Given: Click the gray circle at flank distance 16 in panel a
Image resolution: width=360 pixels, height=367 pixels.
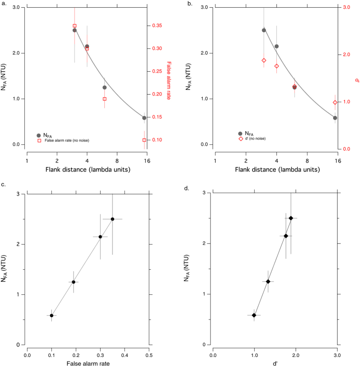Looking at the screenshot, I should coord(144,118).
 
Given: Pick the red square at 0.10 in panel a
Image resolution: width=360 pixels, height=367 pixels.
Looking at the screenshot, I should coord(144,140).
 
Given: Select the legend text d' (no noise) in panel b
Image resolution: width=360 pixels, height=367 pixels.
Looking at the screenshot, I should coord(253,138).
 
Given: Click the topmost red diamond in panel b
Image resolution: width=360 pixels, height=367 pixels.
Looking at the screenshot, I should coord(264,60).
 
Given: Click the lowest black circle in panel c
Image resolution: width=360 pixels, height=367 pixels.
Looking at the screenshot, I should coord(52,315).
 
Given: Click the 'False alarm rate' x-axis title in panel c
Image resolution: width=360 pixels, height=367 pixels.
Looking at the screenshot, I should coord(88,364).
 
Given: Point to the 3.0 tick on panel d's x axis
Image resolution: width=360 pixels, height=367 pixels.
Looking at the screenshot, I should coord(337,354).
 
